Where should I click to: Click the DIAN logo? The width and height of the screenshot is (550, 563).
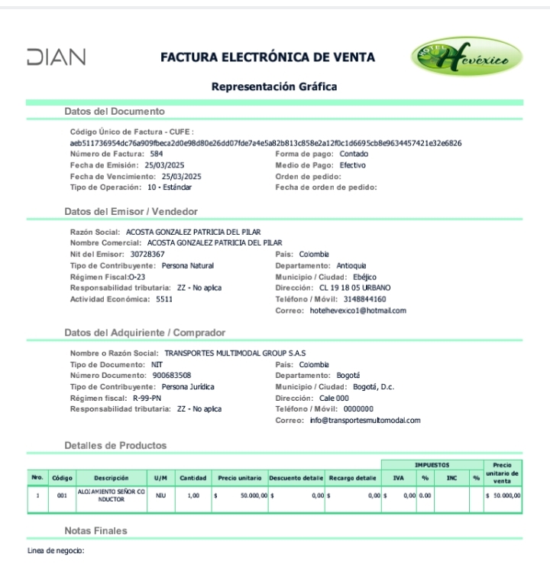(x=56, y=57)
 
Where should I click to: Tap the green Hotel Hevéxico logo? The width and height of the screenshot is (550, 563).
(x=467, y=57)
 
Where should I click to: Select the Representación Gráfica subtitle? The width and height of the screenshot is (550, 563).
(x=274, y=86)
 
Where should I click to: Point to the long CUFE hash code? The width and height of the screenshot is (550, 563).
(x=265, y=143)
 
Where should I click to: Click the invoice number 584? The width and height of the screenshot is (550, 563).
(x=156, y=154)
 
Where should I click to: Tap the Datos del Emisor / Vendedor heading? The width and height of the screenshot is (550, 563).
(x=131, y=211)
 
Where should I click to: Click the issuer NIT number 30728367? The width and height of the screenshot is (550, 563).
(x=147, y=253)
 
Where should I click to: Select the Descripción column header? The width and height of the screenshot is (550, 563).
(x=111, y=477)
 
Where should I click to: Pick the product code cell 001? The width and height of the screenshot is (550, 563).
(x=62, y=496)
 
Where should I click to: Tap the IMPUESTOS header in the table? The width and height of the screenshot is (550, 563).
(x=432, y=464)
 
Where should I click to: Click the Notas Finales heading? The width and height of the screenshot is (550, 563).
(x=95, y=530)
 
